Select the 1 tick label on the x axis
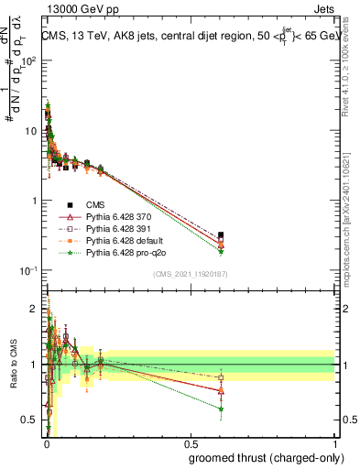tap(334, 445)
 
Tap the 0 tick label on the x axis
tap(47, 445)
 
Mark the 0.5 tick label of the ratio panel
tap(29, 420)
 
